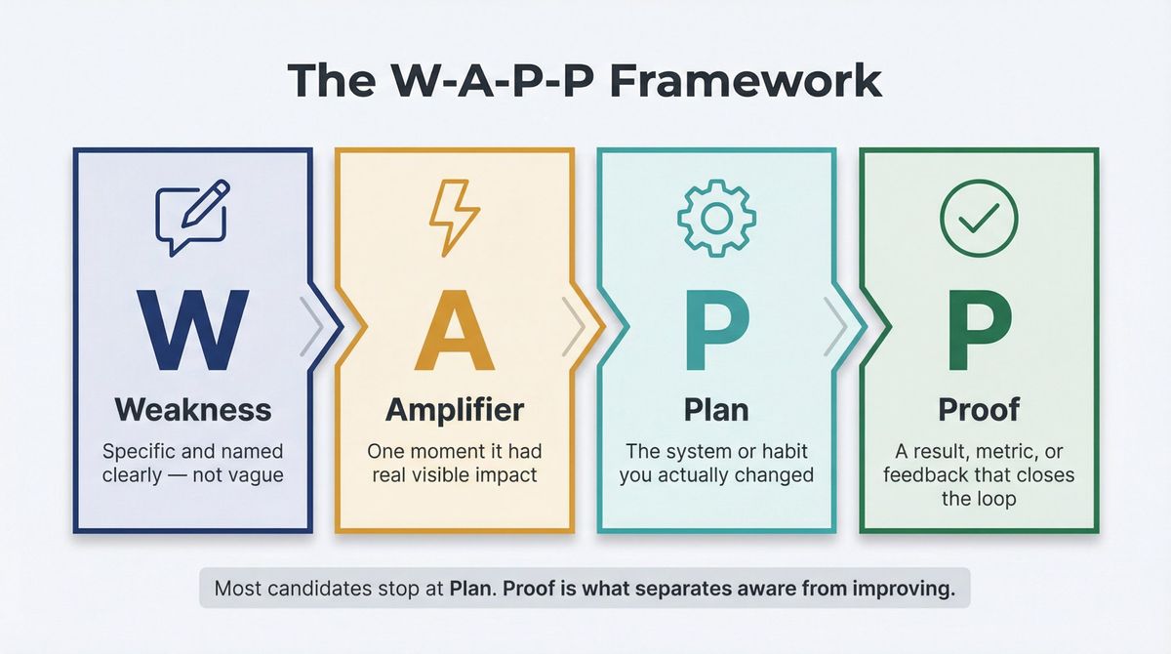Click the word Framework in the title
click(x=746, y=80)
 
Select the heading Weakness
click(x=192, y=409)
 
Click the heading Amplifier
click(x=455, y=409)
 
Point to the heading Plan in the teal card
click(x=716, y=409)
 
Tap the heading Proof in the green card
click(x=978, y=409)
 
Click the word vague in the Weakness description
click(x=255, y=475)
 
